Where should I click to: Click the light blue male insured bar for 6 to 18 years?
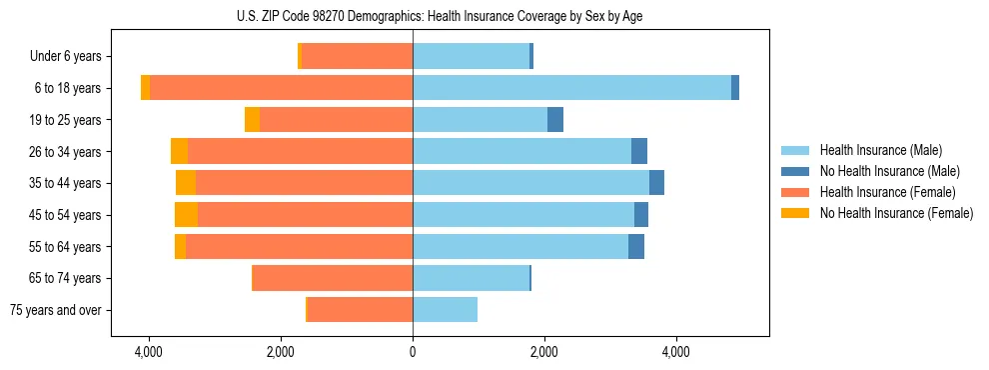[x=571, y=88]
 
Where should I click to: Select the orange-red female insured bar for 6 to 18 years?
[x=281, y=88]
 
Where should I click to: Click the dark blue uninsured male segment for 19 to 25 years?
[x=555, y=120]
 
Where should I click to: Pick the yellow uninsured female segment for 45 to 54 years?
[x=186, y=215]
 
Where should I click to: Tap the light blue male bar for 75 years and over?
[x=445, y=310]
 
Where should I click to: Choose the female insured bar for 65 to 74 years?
[x=333, y=278]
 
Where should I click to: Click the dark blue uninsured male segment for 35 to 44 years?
[x=656, y=183]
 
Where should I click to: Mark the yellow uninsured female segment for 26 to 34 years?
[x=179, y=151]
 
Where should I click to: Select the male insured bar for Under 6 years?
[x=471, y=57]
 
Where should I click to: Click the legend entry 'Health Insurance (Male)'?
[x=876, y=151]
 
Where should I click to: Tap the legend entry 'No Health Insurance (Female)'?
[x=896, y=213]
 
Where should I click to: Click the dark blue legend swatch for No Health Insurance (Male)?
[x=795, y=171]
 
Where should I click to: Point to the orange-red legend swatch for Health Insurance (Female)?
[x=795, y=192]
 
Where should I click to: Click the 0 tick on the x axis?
[x=413, y=352]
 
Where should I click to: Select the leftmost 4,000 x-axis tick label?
[x=148, y=352]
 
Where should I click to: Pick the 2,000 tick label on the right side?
[x=544, y=352]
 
